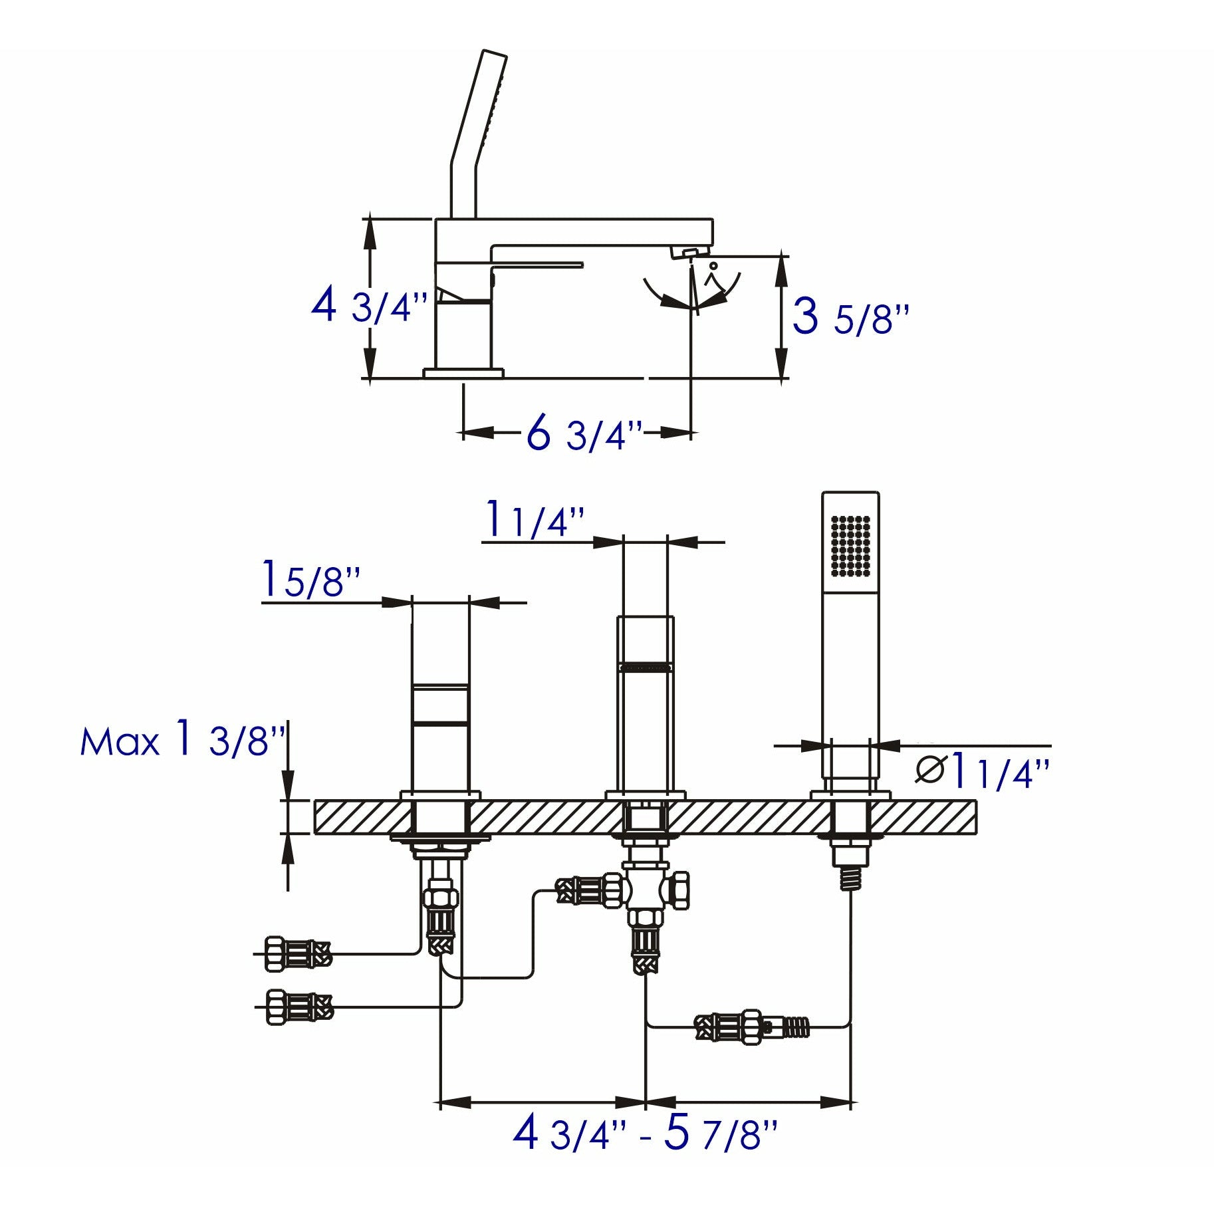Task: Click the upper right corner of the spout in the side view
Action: point(713,219)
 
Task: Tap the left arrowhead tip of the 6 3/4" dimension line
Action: point(463,433)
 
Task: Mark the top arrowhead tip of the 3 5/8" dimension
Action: point(783,256)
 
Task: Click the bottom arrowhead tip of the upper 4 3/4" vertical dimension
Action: point(370,378)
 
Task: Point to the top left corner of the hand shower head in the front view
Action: point(823,493)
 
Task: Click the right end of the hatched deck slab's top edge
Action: point(977,801)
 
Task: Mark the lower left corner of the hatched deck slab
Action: point(314,832)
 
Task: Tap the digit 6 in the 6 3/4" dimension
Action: point(539,432)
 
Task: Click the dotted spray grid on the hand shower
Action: point(851,545)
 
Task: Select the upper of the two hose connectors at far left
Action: point(297,954)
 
